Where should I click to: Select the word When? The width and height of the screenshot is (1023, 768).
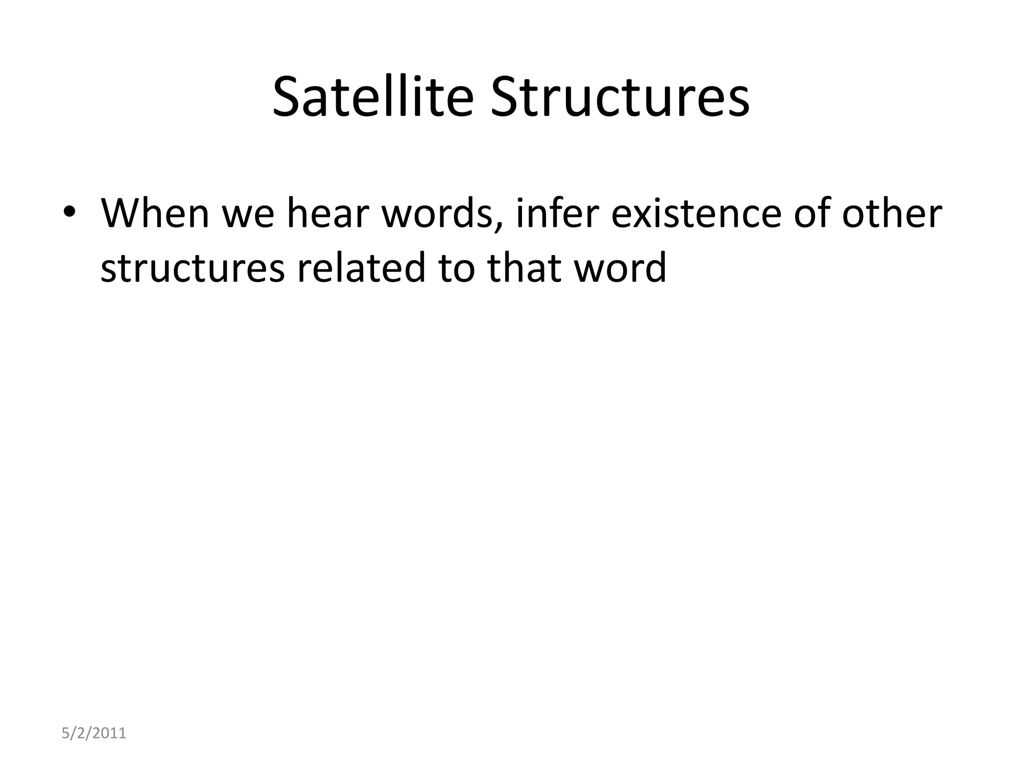(x=155, y=213)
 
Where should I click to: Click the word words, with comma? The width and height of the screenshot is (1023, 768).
(x=443, y=213)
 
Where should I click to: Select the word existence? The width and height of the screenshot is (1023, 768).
(x=696, y=213)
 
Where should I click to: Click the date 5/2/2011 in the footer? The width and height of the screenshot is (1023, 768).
(x=93, y=733)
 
